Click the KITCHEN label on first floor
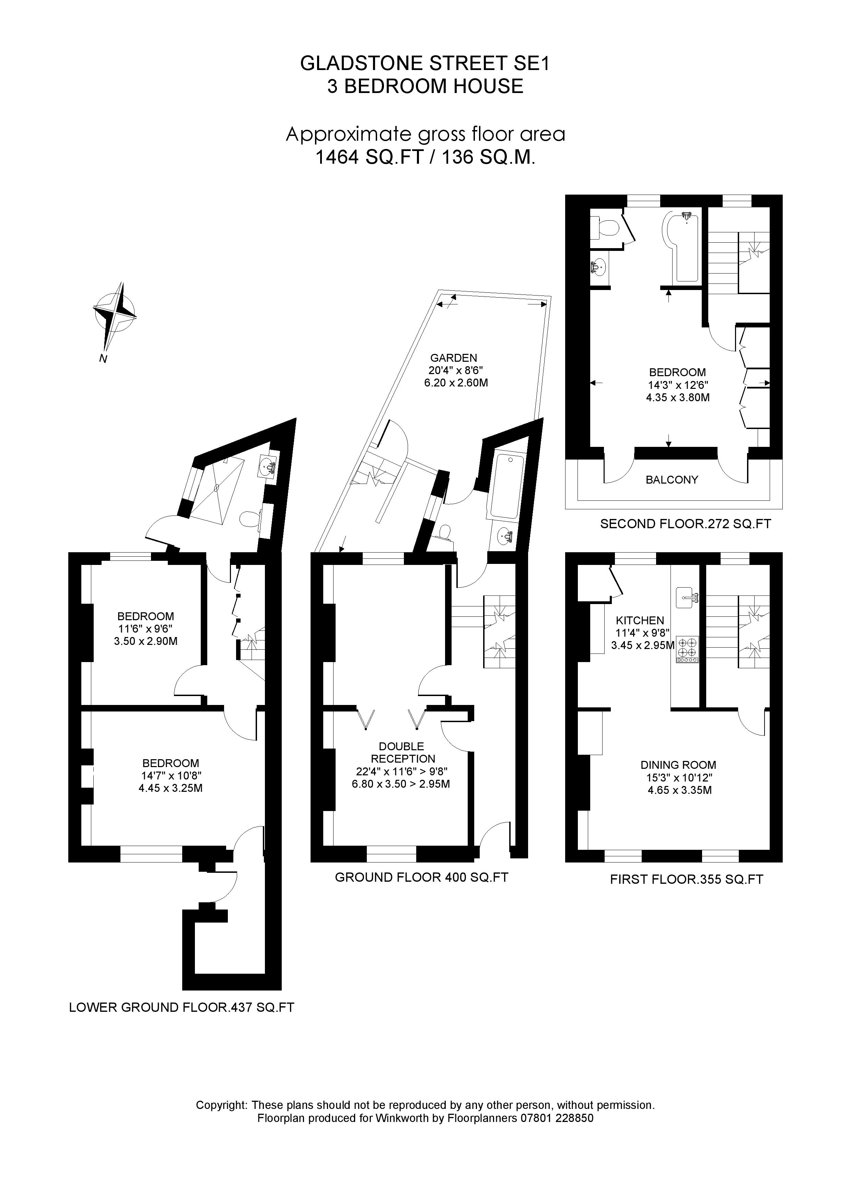coord(640,620)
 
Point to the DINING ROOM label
coord(678,765)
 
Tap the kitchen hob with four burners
coord(687,649)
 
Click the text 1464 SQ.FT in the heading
coord(369,157)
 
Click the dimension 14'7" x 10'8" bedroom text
coord(171,776)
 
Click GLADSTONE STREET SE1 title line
coord(425,63)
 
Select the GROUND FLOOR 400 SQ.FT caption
coord(421,877)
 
